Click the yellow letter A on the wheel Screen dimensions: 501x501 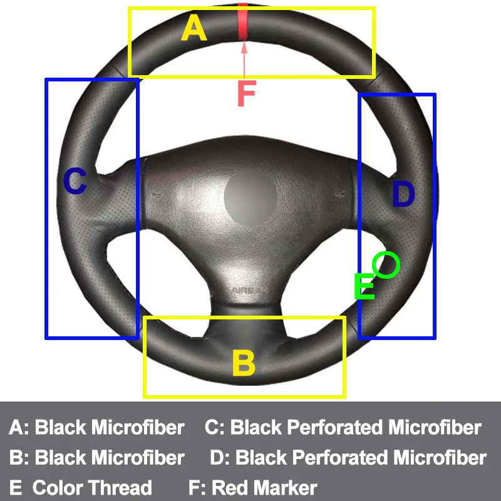pos(194,29)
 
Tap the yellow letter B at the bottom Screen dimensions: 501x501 pos(243,363)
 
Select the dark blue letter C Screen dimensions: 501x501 pos(75,182)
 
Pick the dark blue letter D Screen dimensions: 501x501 pos(403,195)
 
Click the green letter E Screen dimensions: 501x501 pos(364,287)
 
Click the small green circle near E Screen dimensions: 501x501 pos(386,265)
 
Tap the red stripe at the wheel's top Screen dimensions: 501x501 pos(243,23)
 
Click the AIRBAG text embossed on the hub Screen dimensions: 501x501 pos(249,290)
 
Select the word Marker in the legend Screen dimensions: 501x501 pos(286,488)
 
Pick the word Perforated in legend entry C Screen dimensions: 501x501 pos(336,428)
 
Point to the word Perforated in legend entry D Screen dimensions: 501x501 pos(341,458)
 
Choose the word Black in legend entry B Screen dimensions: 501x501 pos(60,458)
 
